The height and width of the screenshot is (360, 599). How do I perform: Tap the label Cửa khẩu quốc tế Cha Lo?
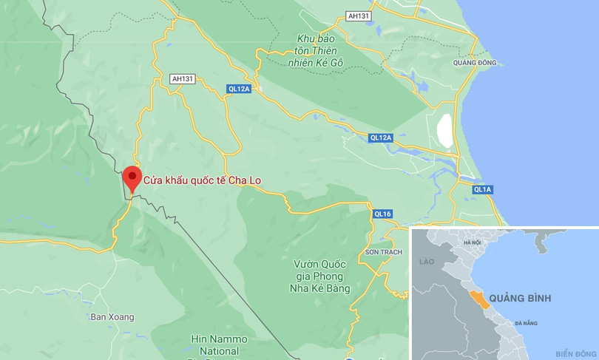coord(203,180)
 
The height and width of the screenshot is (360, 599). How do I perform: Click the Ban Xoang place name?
coord(112,317)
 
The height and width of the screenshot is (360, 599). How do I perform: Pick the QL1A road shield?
coord(482,190)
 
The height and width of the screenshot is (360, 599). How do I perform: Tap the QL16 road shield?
coord(382,214)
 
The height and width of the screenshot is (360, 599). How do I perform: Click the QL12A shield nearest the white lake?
coord(380,137)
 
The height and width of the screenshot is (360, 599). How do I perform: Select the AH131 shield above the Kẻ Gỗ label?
coord(359,16)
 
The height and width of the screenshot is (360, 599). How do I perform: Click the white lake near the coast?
coord(444,131)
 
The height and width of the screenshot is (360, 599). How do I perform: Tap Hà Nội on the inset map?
coord(472,242)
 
